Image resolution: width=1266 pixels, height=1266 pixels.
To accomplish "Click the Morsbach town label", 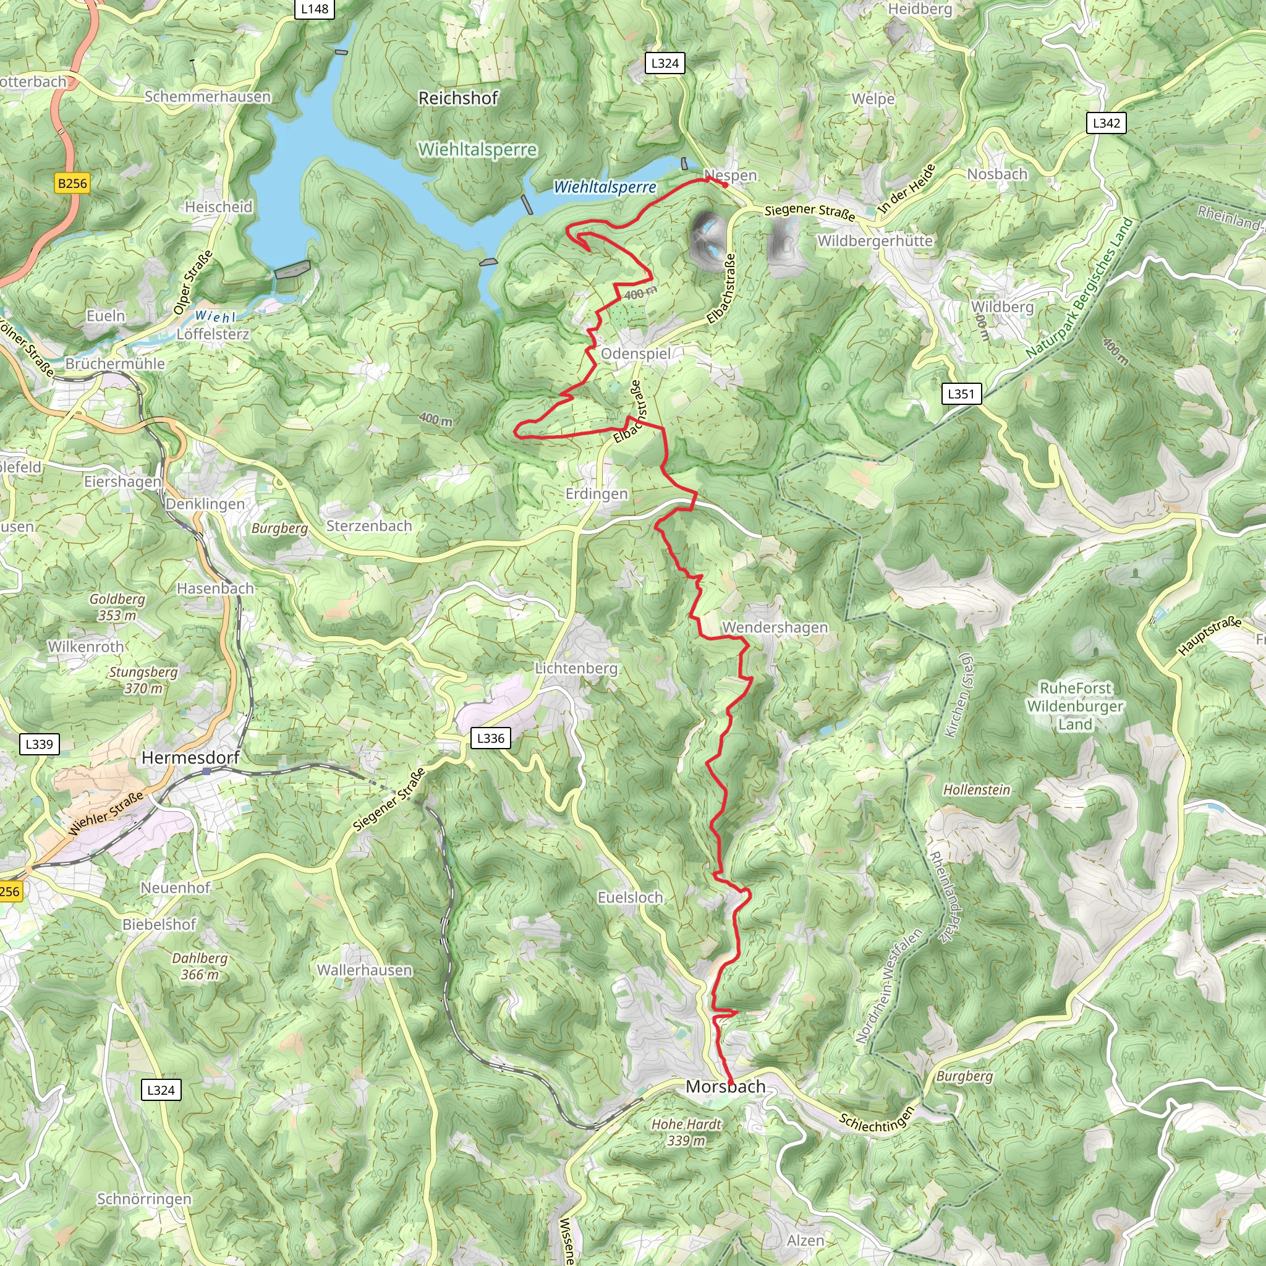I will coord(725,1087).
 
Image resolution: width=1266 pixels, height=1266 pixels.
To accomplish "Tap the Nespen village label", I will coord(730,175).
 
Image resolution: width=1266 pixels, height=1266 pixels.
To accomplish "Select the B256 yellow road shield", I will coord(72,184).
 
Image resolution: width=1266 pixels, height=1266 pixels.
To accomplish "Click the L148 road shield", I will coord(315,9).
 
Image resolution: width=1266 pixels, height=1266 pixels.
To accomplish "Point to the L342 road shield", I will coord(1107,123).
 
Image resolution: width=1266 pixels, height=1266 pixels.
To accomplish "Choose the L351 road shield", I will coord(961,394).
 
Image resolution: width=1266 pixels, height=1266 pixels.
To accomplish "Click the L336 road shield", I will coord(490,739).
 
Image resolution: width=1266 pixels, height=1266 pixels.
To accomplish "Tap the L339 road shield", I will coord(40,744).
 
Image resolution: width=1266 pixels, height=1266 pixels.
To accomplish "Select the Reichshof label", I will coord(458,98).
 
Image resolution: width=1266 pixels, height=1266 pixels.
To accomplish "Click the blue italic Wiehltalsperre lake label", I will coord(605,187).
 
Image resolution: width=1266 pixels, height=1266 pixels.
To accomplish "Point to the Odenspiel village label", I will coord(635,354).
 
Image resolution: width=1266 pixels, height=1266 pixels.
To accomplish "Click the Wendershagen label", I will coord(775,628).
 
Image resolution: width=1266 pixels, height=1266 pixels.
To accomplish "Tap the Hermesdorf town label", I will coord(190,758).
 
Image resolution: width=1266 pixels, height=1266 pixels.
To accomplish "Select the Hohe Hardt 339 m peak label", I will coord(686,1132).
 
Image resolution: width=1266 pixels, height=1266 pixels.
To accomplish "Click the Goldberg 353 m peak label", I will coord(117,607).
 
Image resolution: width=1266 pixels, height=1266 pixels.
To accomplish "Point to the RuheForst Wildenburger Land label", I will coord(1076,707).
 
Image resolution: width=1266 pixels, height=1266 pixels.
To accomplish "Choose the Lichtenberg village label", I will coord(576,668).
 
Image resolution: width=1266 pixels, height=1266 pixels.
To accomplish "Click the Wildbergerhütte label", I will coord(875,241).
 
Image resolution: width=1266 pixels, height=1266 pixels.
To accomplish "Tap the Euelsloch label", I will coord(630,898).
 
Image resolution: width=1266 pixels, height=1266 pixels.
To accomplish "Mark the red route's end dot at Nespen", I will coord(725,185).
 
